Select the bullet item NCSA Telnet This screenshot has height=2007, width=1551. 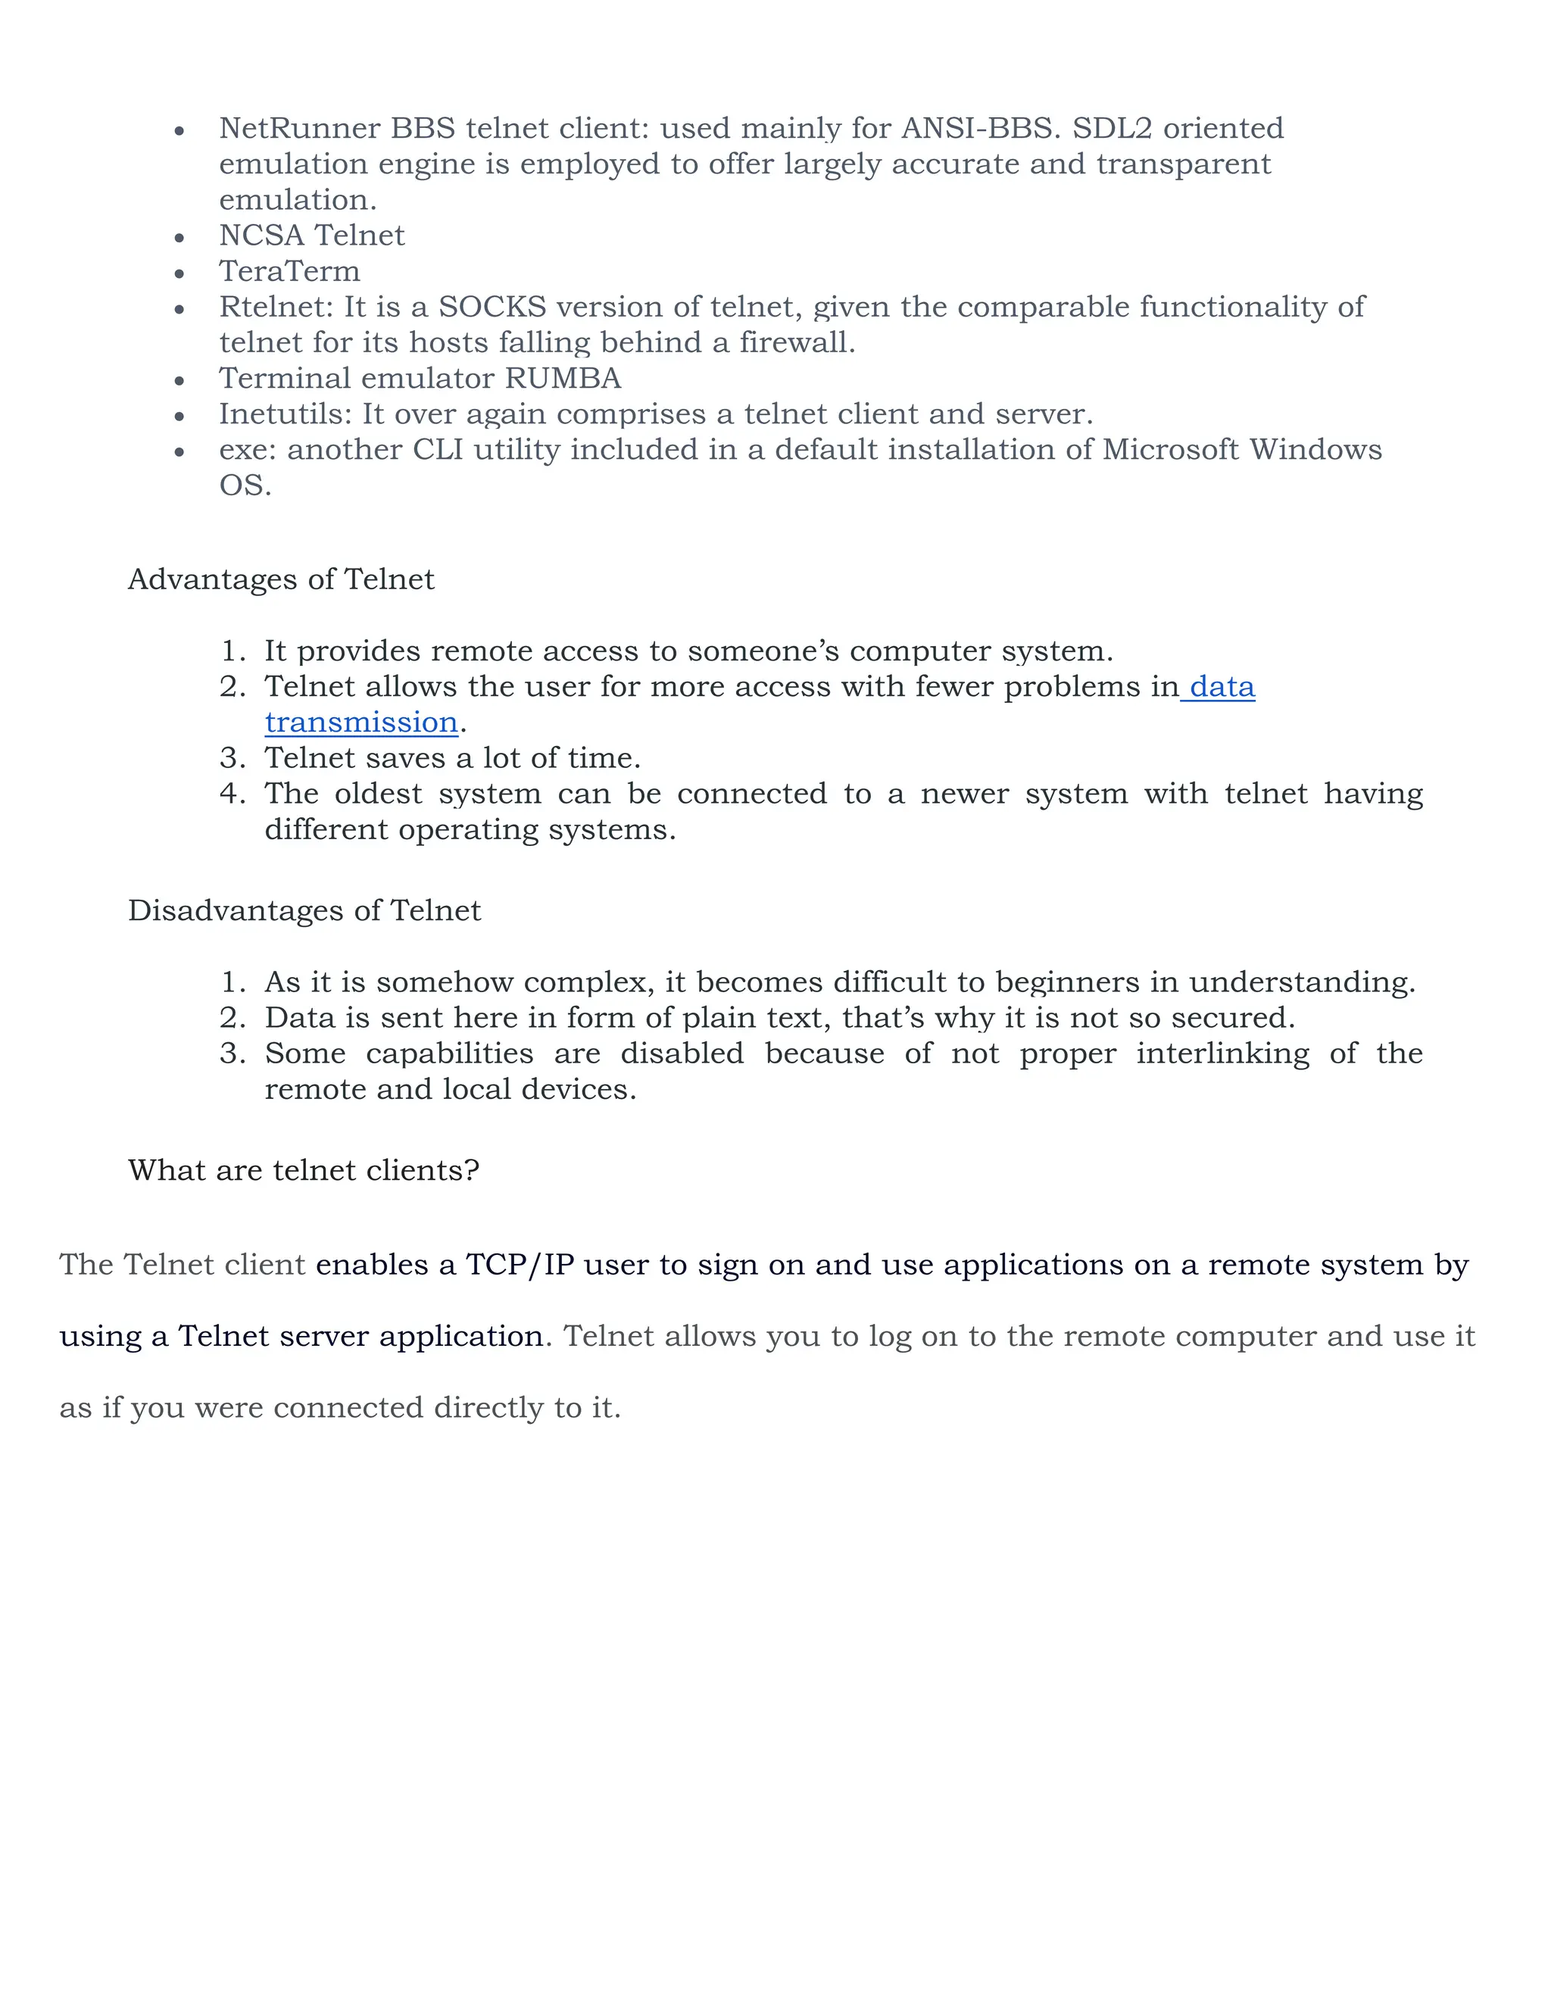coord(311,236)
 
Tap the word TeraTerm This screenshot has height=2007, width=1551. coord(289,271)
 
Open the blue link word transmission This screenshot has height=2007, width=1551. coord(361,723)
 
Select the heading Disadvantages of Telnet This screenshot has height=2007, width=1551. coord(304,910)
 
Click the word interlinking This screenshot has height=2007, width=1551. coord(1222,1054)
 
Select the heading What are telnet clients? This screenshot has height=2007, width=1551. coord(303,1171)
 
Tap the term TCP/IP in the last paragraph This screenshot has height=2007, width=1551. coord(520,1266)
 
